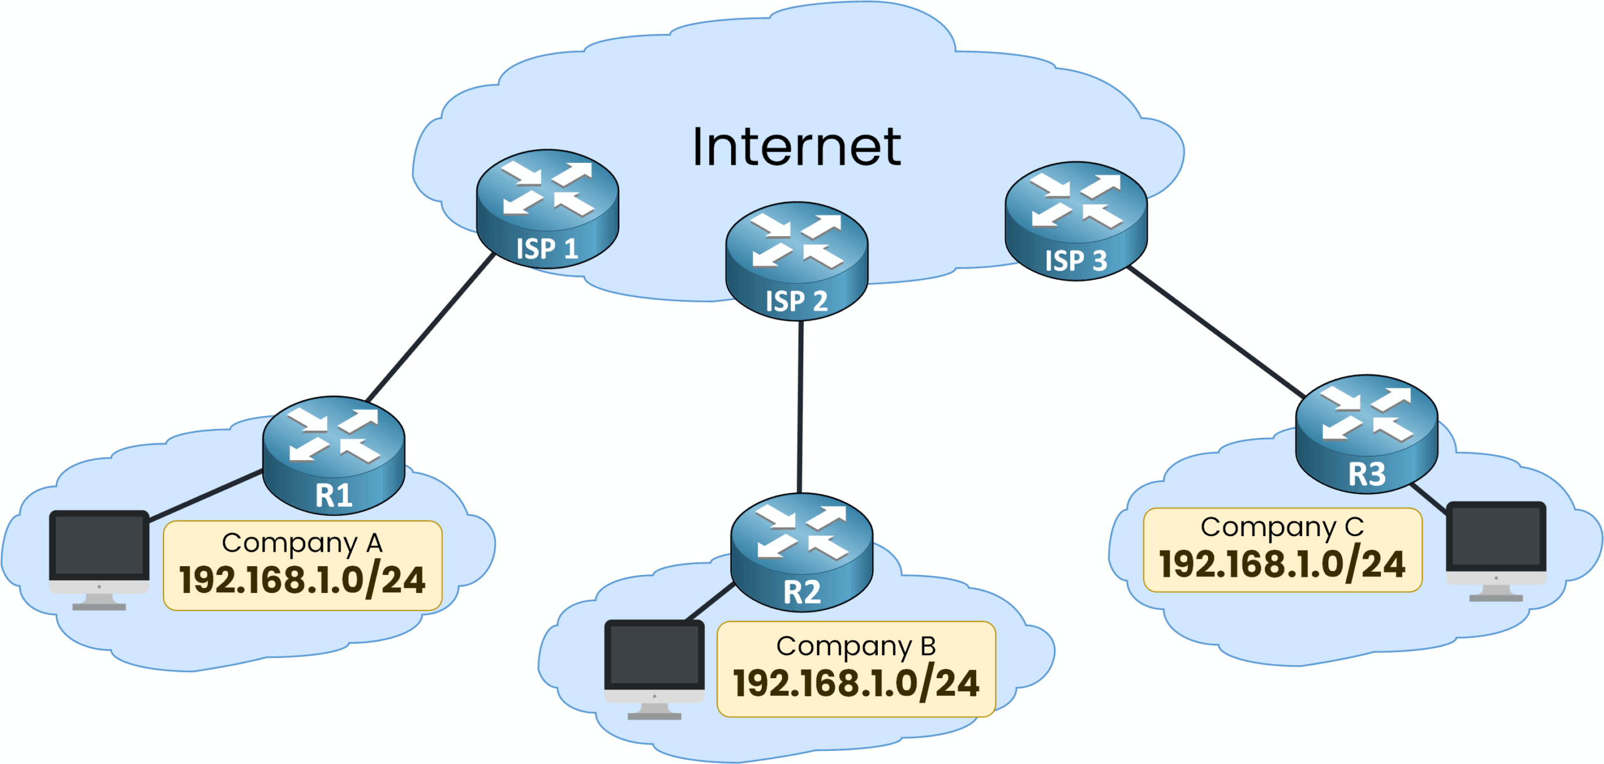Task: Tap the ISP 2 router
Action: [796, 261]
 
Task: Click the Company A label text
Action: [302, 543]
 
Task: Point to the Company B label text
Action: [856, 646]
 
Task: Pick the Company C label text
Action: [1282, 527]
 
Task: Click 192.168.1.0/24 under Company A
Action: [302, 580]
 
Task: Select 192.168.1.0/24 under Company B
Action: [856, 683]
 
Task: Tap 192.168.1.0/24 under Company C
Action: [1282, 564]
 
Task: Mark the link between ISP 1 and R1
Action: [431, 328]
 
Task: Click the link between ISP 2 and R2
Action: [800, 407]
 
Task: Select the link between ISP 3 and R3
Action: [1216, 332]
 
